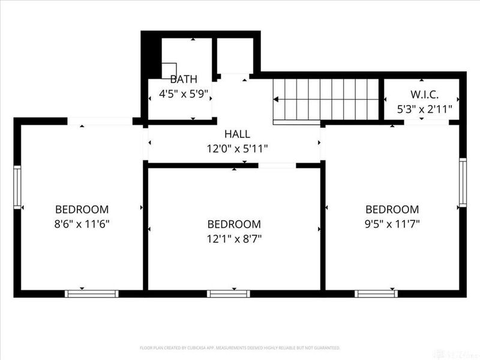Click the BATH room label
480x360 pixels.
183,80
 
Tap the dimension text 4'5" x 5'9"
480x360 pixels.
183,94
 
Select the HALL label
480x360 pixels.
237,134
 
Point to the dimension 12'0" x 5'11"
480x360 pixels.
237,148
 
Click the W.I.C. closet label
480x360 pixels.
424,95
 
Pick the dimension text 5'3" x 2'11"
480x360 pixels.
424,109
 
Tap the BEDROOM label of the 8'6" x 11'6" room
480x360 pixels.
82,209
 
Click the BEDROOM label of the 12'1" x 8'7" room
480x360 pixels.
234,224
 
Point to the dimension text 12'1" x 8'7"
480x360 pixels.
234,238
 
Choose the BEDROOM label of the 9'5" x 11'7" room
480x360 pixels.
392,209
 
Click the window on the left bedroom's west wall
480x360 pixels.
17,187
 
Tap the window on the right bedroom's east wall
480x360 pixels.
463,182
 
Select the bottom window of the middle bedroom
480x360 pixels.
228,293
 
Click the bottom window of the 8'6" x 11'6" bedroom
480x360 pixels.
91,293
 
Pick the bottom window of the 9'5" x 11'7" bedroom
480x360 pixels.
376,293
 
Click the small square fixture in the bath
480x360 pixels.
169,70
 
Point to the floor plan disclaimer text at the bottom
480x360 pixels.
239,347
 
